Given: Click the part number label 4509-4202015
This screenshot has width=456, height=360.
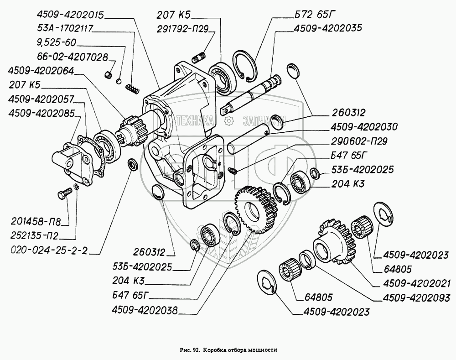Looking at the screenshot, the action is tap(71, 15).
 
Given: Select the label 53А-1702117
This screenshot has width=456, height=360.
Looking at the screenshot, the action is tap(65, 29).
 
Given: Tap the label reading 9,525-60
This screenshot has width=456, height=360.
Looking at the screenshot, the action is tap(57, 43).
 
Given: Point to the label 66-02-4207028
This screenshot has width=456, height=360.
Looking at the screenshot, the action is tap(73, 57).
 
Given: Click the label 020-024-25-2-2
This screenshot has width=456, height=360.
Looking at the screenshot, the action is tap(49, 250).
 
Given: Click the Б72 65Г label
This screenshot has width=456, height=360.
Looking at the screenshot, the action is tap(312, 14).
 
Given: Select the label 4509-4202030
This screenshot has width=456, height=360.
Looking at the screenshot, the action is tap(364, 127).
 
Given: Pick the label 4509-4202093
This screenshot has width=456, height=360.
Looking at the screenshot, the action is tap(416, 298).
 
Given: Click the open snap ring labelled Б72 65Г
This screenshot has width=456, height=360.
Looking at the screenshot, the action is tap(245, 66).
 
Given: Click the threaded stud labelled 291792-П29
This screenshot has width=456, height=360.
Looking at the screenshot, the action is tap(199, 57).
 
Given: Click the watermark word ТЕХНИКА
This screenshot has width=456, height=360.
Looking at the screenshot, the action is tap(196, 120).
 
